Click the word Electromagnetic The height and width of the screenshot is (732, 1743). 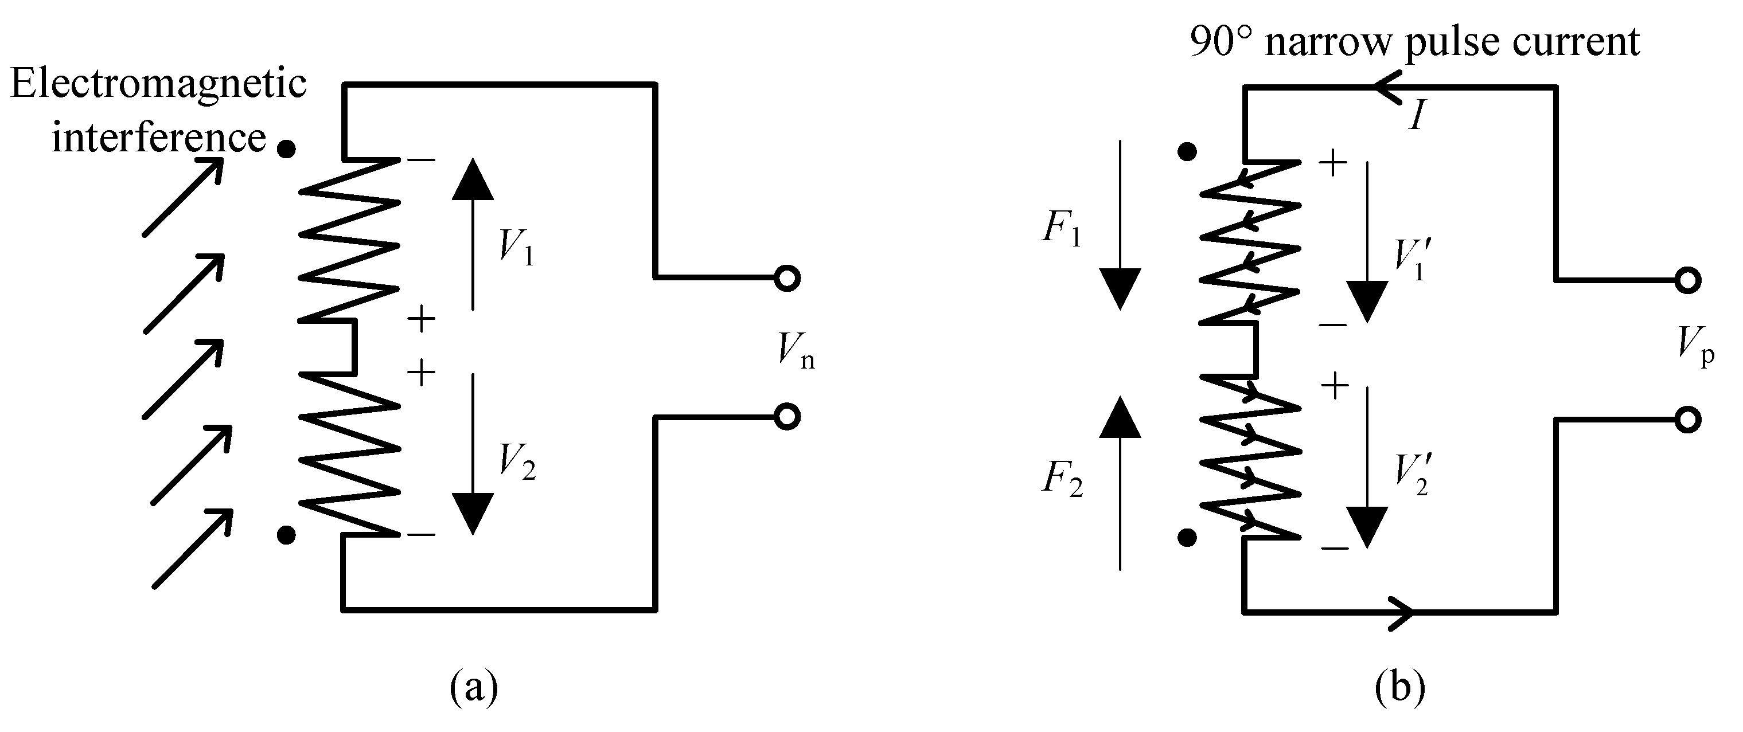click(x=158, y=86)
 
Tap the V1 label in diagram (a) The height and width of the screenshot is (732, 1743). click(x=516, y=246)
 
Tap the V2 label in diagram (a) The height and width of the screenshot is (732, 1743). click(x=516, y=463)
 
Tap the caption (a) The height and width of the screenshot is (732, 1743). click(x=473, y=687)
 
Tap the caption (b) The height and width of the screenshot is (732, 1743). click(x=1400, y=687)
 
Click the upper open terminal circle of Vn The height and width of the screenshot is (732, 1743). click(x=787, y=278)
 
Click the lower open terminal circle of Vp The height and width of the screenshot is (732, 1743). click(x=1687, y=420)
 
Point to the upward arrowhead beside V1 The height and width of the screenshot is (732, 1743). click(x=472, y=179)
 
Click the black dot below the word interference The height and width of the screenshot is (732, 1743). click(x=287, y=148)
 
